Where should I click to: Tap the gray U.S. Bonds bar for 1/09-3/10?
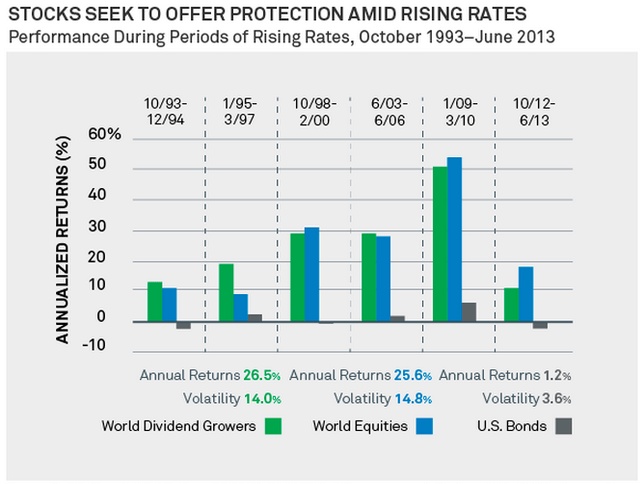(470, 312)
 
